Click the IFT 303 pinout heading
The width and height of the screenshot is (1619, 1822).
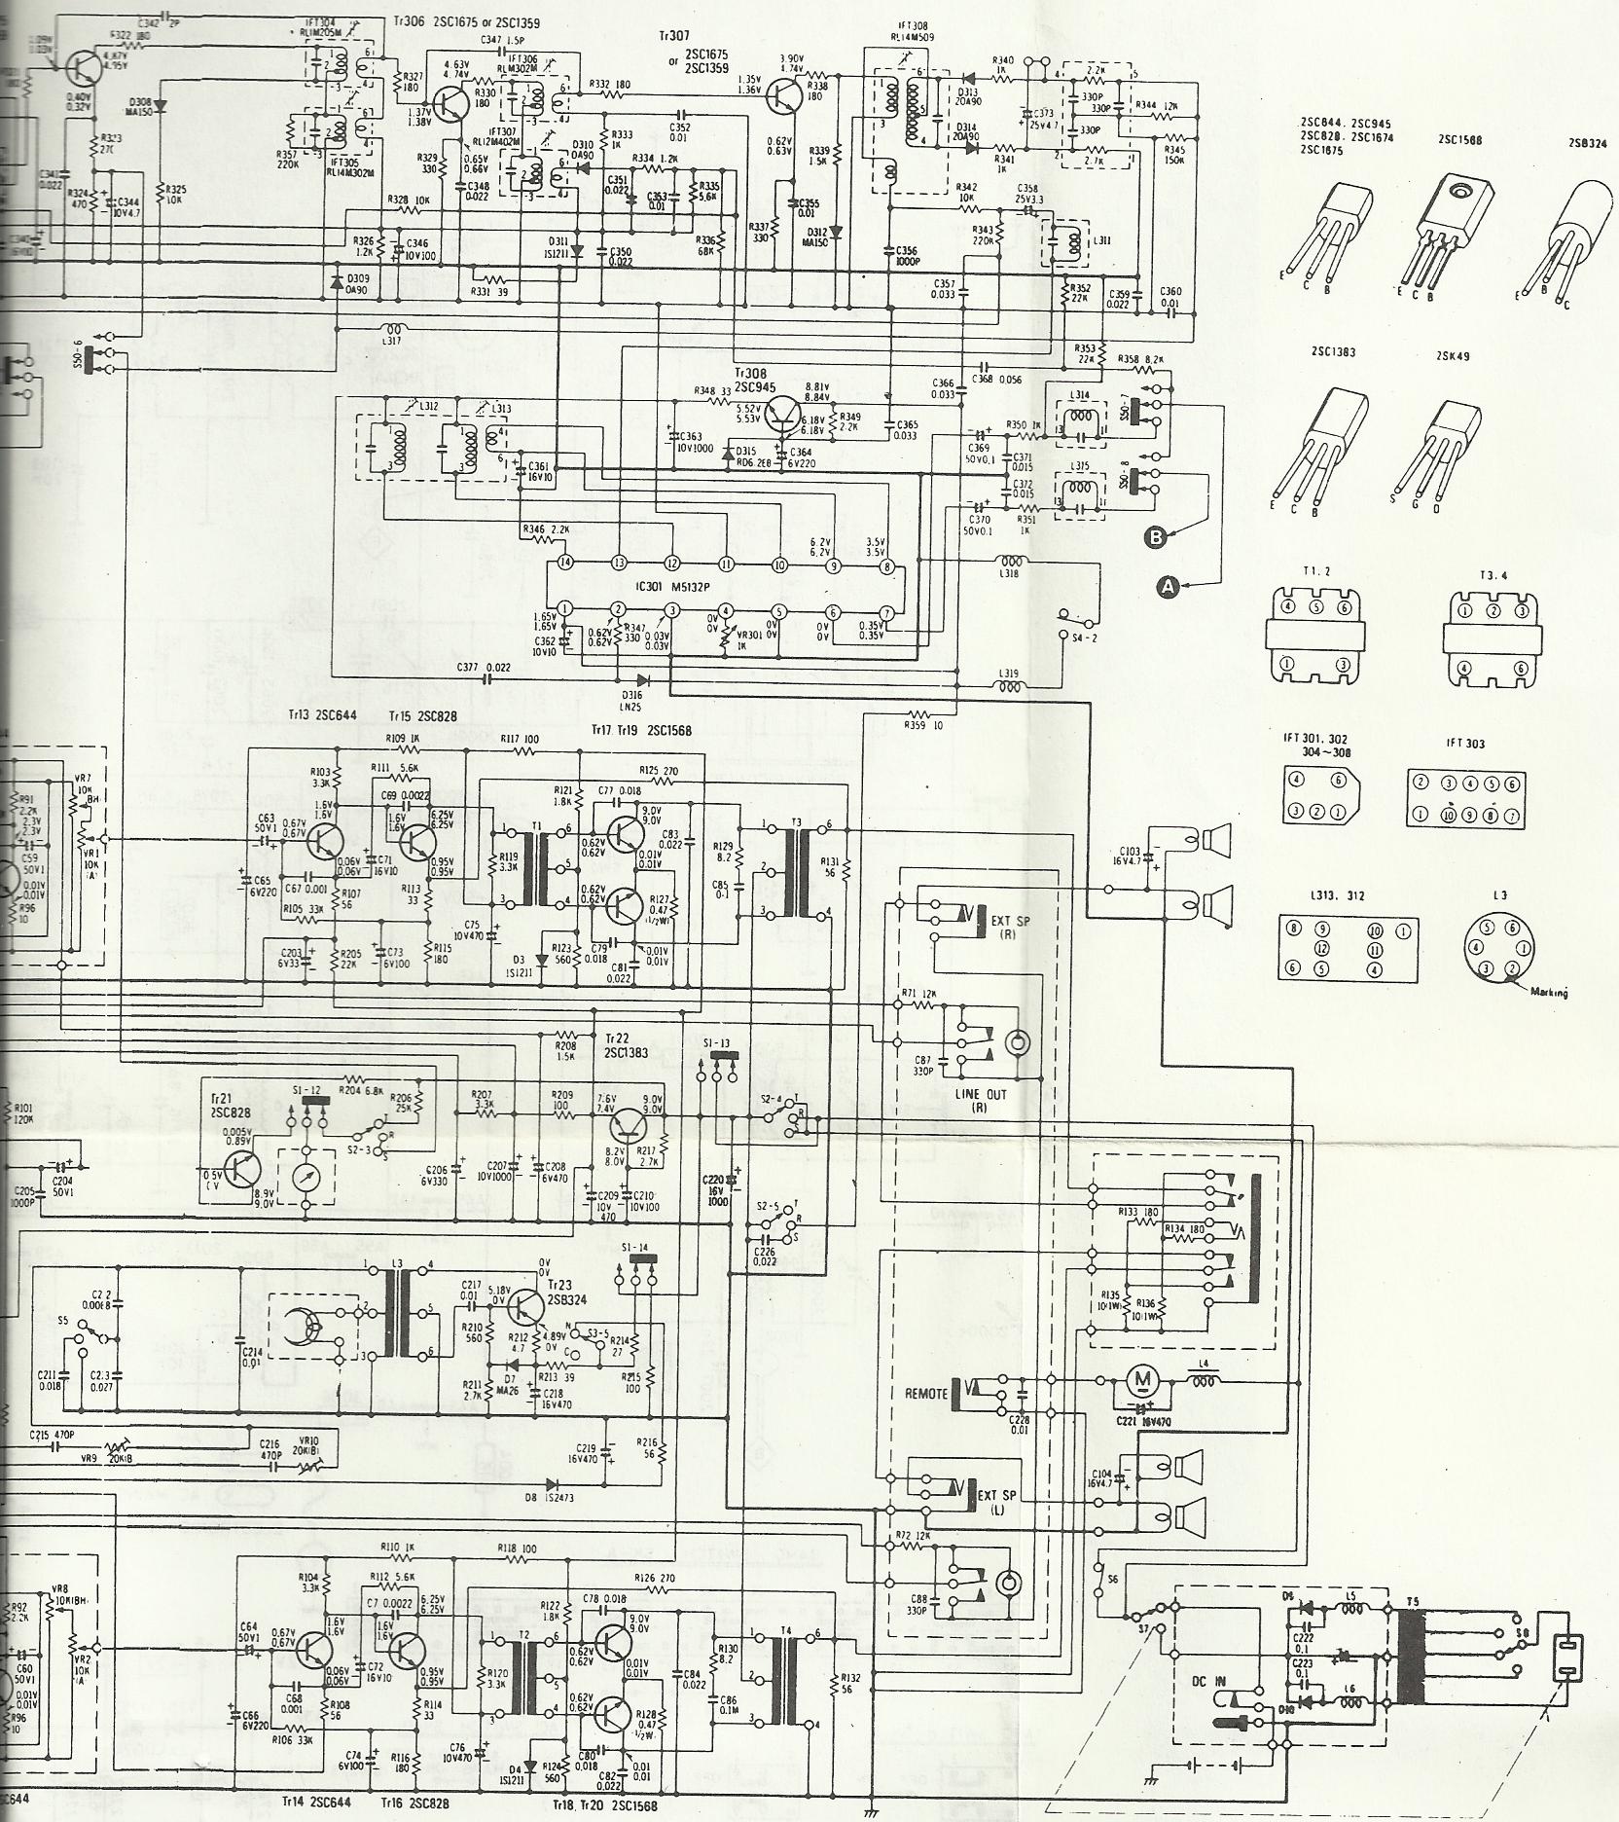coord(1466,745)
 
